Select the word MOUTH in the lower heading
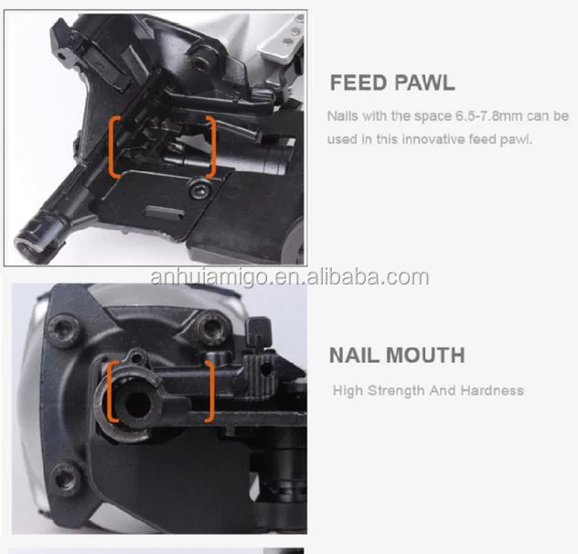pyautogui.click(x=430, y=355)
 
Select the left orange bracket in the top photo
pyautogui.click(x=114, y=147)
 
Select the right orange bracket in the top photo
pyautogui.click(x=212, y=147)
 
